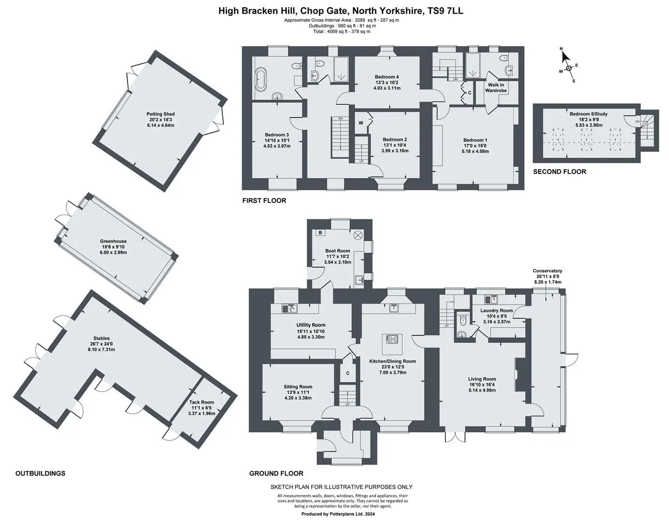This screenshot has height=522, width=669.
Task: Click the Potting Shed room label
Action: click(160, 114)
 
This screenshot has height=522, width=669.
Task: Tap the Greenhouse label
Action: click(113, 241)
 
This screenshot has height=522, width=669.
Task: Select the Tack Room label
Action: click(202, 402)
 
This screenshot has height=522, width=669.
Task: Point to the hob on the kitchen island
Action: click(392, 339)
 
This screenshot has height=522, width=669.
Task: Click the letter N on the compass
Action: click(561, 49)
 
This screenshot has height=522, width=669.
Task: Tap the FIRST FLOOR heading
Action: click(264, 201)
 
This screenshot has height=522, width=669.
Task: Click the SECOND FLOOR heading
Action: click(559, 172)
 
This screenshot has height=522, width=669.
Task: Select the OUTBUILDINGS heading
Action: click(40, 473)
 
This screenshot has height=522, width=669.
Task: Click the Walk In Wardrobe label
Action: click(495, 87)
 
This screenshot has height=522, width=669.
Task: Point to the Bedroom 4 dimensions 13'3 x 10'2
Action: click(387, 83)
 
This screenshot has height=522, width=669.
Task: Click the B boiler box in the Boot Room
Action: click(320, 232)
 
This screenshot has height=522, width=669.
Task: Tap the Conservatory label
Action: click(547, 271)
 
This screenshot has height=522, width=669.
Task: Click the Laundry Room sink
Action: click(492, 299)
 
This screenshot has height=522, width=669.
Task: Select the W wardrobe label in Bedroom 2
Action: click(361, 123)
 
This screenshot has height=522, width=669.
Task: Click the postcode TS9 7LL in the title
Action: click(445, 11)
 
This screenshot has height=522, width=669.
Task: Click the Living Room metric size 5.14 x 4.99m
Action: click(482, 390)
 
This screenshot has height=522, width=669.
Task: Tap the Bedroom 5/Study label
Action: click(588, 114)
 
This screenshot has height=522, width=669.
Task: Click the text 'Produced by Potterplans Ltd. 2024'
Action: click(338, 514)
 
